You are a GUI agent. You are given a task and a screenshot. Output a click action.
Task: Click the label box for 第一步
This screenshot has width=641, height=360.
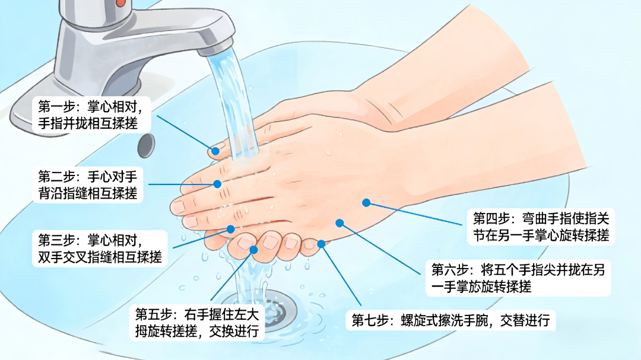(x=91, y=115)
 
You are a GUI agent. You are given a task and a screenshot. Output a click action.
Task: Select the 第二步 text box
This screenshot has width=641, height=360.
(x=88, y=184)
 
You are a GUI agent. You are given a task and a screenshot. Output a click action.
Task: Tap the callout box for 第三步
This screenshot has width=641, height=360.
(x=100, y=249)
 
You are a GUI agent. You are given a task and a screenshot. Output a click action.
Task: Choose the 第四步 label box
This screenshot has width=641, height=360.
(x=541, y=227)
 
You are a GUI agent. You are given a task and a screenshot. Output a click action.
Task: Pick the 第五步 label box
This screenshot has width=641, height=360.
(x=197, y=323)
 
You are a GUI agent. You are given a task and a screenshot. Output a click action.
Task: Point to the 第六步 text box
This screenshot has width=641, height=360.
(x=518, y=278)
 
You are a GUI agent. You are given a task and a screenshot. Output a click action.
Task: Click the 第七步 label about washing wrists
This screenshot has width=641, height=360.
(x=451, y=320)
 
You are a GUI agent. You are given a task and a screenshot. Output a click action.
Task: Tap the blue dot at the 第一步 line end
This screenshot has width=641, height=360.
(x=215, y=151)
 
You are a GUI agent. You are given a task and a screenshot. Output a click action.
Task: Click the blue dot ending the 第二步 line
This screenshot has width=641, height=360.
(x=217, y=184)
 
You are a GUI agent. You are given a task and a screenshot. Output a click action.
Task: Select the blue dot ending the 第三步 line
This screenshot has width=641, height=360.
(x=230, y=230)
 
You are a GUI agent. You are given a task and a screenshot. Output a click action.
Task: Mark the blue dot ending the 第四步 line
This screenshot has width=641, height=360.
(x=366, y=203)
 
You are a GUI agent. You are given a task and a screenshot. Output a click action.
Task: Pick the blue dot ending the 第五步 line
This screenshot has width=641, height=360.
(x=253, y=250)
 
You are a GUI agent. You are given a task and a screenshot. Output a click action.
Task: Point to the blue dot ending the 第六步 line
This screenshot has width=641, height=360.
(x=339, y=223)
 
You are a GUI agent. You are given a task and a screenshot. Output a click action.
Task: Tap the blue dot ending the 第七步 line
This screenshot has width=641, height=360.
(x=321, y=244)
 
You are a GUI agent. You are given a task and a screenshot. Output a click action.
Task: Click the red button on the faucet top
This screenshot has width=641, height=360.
(x=120, y=3)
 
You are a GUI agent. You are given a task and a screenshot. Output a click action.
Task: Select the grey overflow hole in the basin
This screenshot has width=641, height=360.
(x=146, y=145)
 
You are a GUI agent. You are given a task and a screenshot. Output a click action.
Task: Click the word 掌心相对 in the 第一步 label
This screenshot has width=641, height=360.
(x=112, y=107)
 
